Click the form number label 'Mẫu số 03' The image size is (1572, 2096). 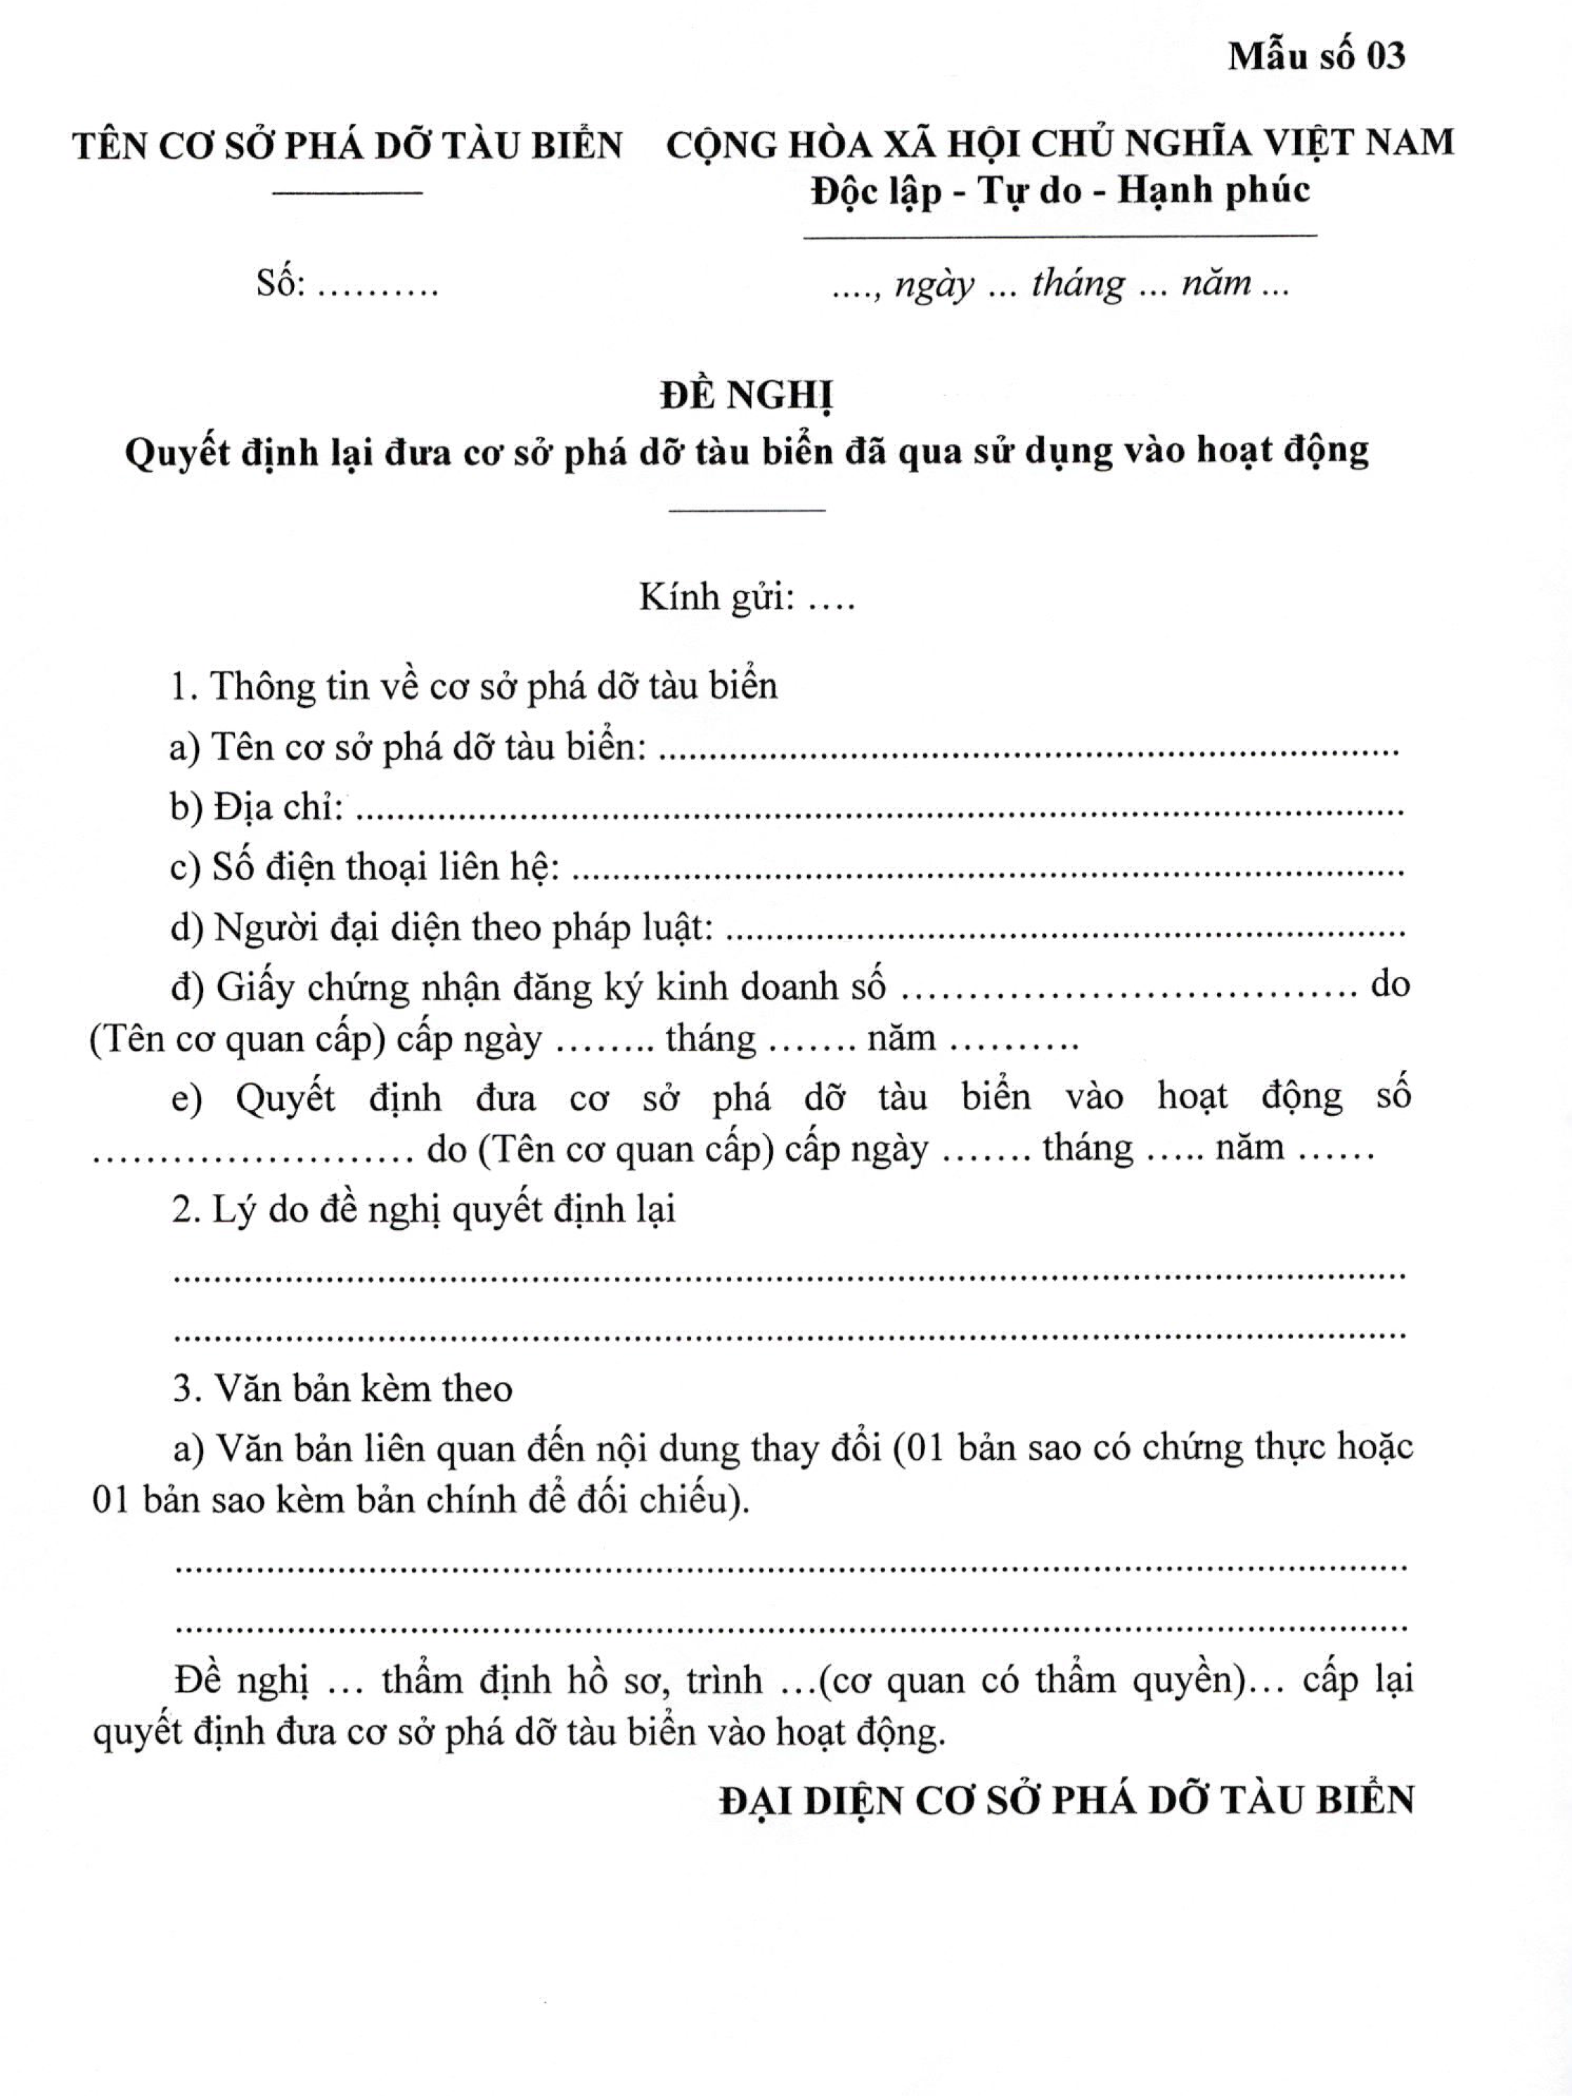(x=1316, y=57)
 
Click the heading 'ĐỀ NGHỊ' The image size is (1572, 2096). (x=747, y=395)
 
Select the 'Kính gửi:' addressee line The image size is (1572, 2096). (x=747, y=598)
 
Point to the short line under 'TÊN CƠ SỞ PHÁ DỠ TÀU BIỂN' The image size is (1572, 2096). (x=347, y=194)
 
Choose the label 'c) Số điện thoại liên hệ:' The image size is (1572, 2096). (x=365, y=867)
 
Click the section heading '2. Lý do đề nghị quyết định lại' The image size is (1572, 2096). (x=423, y=1210)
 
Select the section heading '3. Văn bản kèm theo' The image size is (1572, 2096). (x=343, y=1388)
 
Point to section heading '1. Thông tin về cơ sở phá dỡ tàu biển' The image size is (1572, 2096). (x=474, y=686)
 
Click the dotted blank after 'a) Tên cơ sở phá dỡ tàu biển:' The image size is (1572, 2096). (x=1028, y=753)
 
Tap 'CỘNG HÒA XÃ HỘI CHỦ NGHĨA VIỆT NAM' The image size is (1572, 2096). (x=1059, y=144)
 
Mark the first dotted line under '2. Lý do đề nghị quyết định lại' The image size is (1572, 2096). (x=790, y=1277)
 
